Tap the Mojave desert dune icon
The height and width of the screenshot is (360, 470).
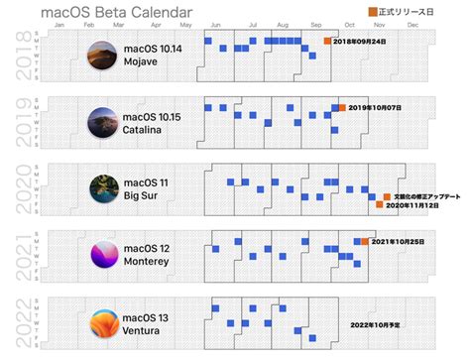102,56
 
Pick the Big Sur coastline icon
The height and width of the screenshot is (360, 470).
102,187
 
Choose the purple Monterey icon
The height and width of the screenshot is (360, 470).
102,253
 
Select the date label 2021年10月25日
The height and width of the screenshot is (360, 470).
402,241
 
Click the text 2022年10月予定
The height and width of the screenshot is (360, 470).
377,323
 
